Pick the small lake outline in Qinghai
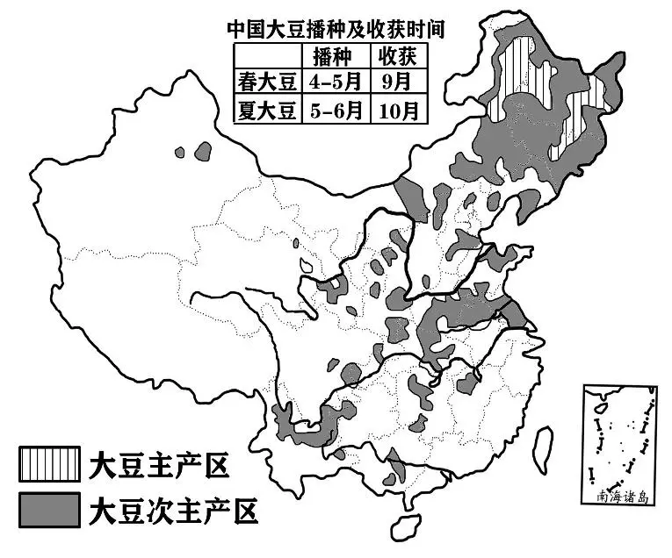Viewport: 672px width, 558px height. [x=307, y=262]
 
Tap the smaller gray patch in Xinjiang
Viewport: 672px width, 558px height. [x=180, y=152]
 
